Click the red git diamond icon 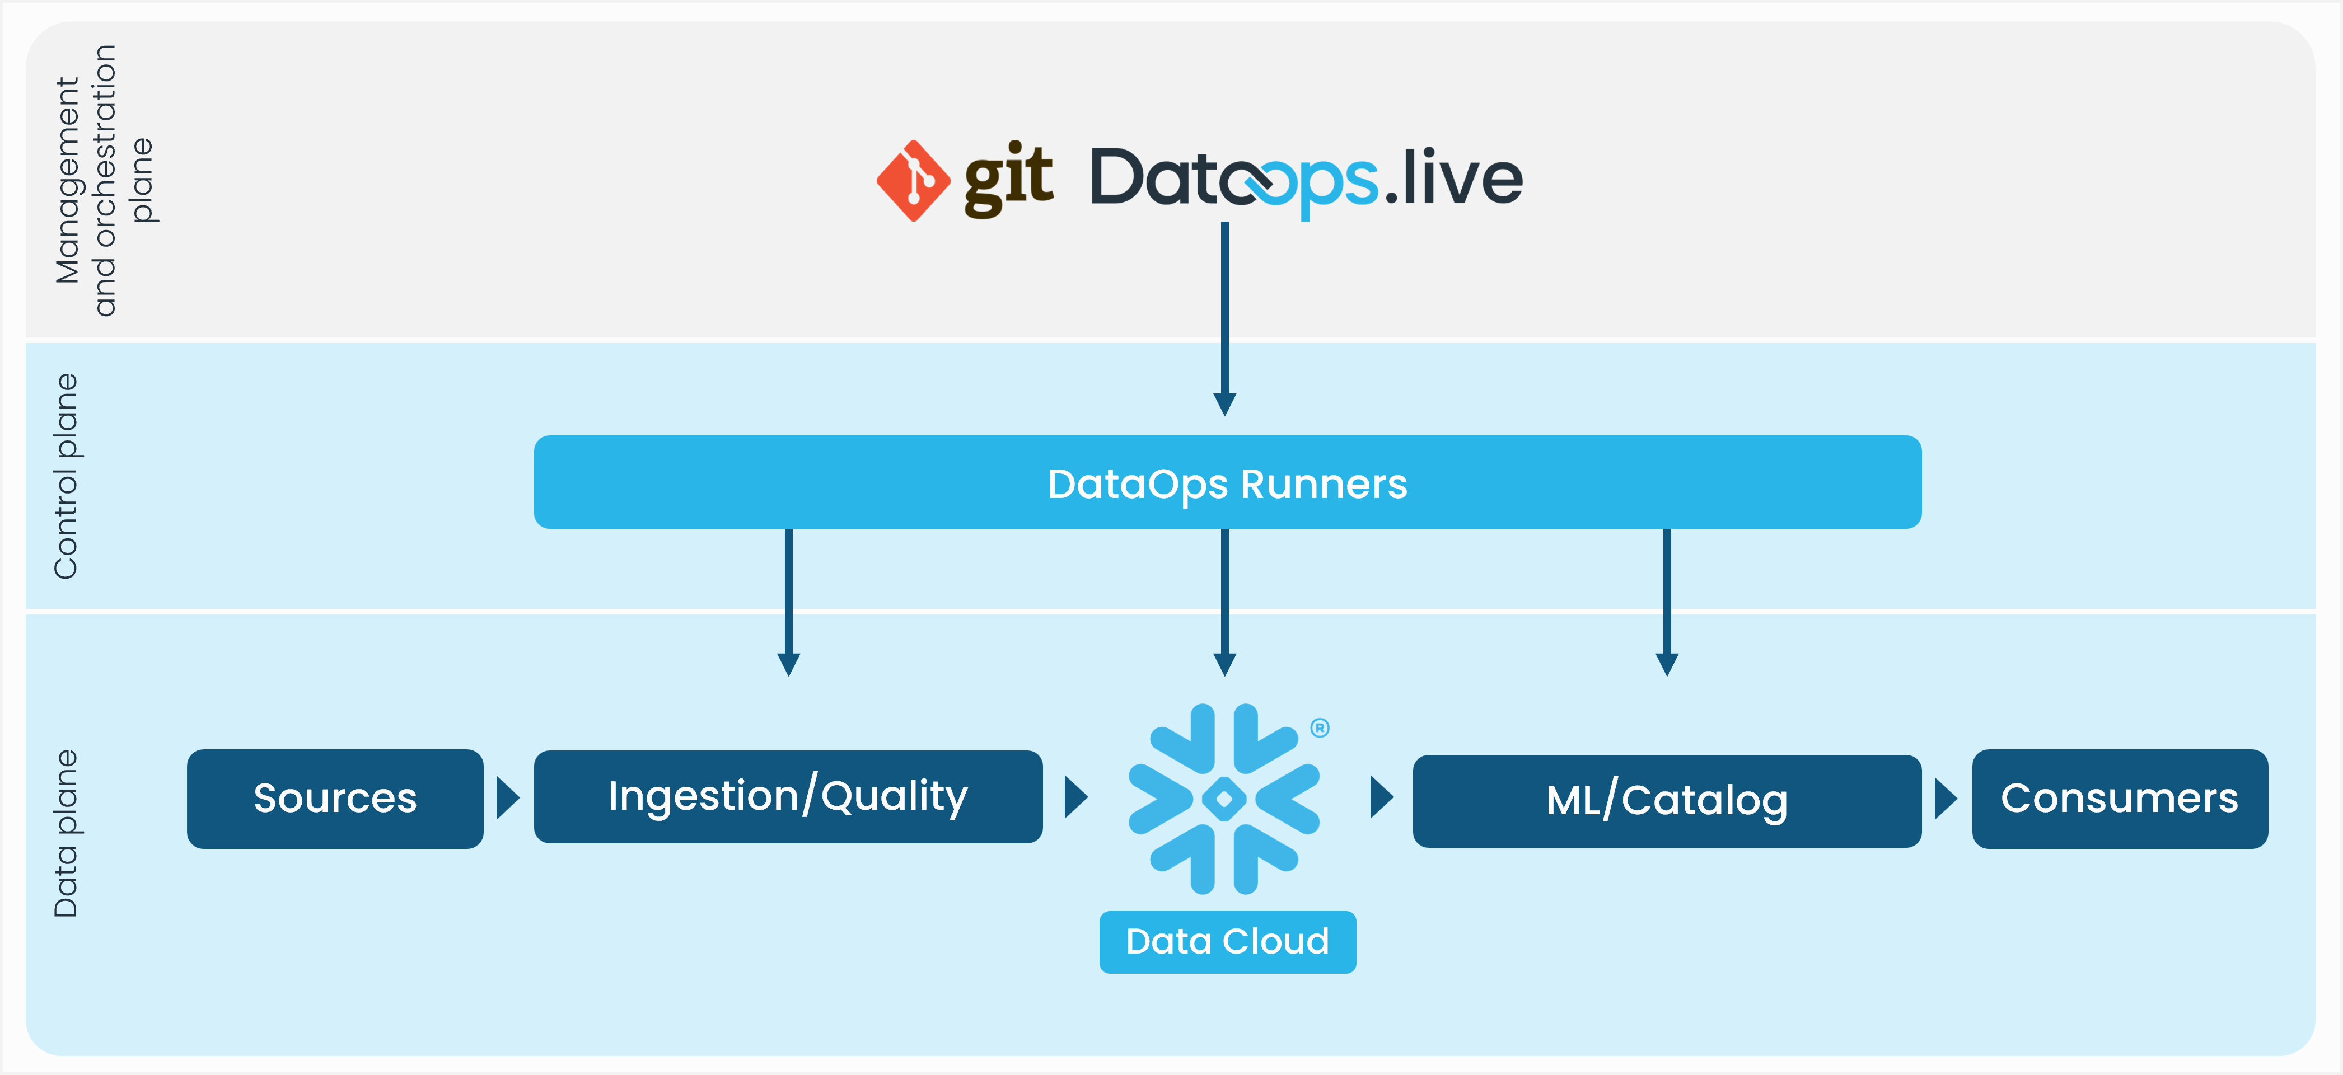pos(913,180)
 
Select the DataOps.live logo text pos(1306,180)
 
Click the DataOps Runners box pos(1227,482)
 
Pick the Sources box pos(335,799)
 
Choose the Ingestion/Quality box pos(788,797)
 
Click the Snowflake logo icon pos(1224,799)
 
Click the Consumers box pos(2119,799)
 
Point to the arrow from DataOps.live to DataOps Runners pos(1225,318)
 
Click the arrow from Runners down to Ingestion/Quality pos(789,602)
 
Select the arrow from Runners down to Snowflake pos(1225,602)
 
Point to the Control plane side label pos(66,476)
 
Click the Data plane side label pos(66,833)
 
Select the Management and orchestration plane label pos(104,180)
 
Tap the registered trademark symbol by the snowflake pos(1320,727)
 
